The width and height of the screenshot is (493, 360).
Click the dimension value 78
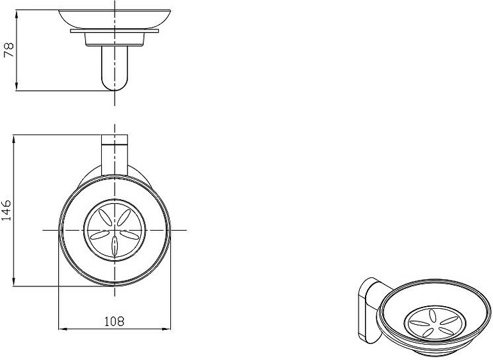pyautogui.click(x=9, y=50)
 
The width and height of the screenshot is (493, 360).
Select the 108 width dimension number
pyautogui.click(x=115, y=322)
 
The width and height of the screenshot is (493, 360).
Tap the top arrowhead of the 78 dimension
pyautogui.click(x=17, y=14)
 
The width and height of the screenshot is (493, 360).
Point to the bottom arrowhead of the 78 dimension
pyautogui.click(x=17, y=86)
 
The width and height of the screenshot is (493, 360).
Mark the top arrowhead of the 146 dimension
pyautogui.click(x=13, y=139)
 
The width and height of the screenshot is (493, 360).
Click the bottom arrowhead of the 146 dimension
pyautogui.click(x=13, y=282)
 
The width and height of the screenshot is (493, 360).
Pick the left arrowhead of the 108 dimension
pyautogui.click(x=63, y=329)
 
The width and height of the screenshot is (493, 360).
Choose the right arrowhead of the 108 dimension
pyautogui.click(x=166, y=329)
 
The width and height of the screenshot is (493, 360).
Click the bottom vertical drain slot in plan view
pyautogui.click(x=115, y=245)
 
